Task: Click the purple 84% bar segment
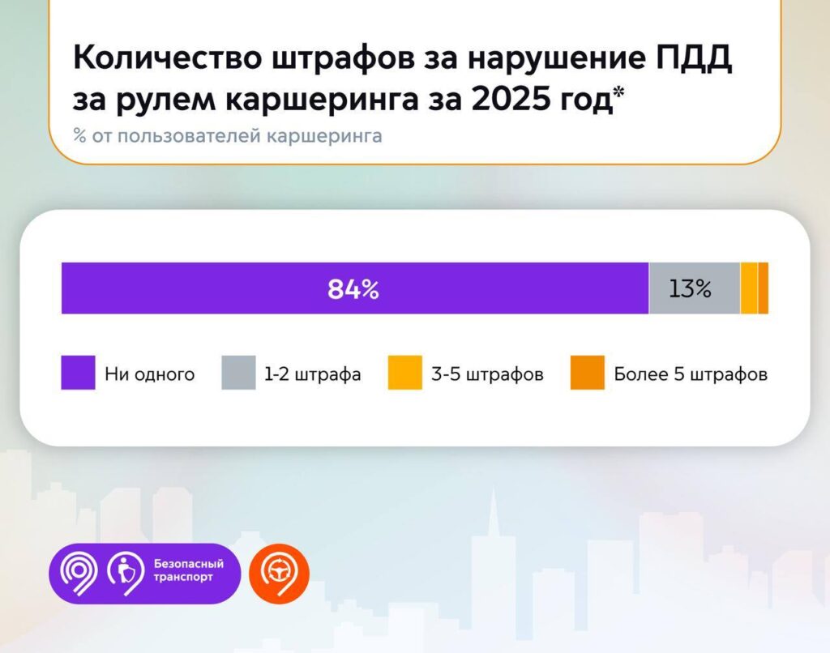click(x=355, y=288)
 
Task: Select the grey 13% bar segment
click(x=695, y=288)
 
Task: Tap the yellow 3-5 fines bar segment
click(x=749, y=288)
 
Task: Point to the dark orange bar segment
click(x=764, y=288)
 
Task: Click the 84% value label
click(x=353, y=289)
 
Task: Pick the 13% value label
click(x=691, y=289)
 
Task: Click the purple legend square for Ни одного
click(x=79, y=373)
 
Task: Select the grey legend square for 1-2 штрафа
click(x=238, y=373)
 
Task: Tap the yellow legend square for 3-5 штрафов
click(x=405, y=373)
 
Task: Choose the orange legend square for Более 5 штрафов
click(x=588, y=373)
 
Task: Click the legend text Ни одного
click(x=150, y=374)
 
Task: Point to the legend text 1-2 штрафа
click(x=313, y=374)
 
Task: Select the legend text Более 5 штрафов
click(x=691, y=374)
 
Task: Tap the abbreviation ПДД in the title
click(x=695, y=58)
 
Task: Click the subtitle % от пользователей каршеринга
click(x=228, y=136)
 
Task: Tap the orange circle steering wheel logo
click(x=279, y=574)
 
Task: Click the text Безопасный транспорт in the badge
click(x=188, y=570)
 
